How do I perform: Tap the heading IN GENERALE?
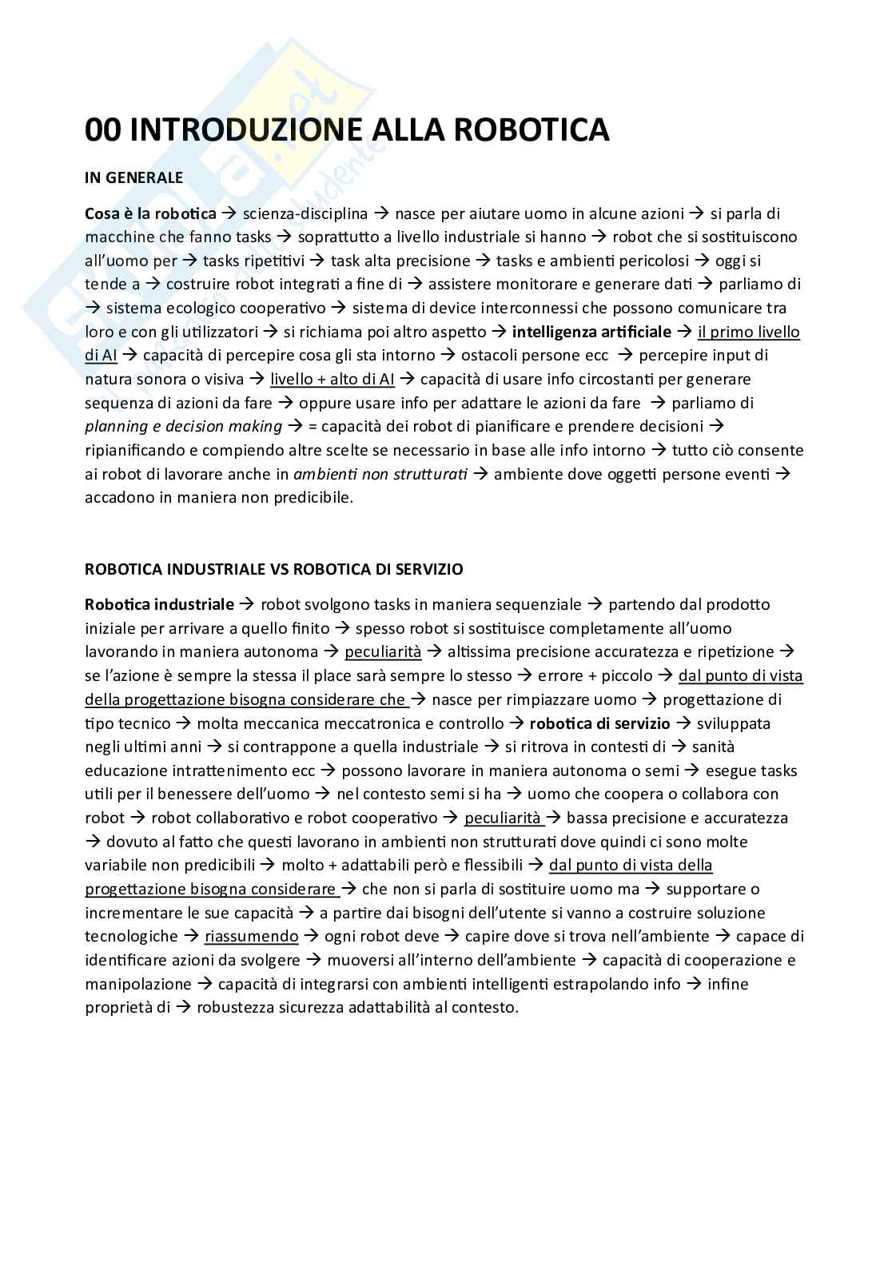pos(133,177)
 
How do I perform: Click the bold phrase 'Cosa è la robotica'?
pos(150,213)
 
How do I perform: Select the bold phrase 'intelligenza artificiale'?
pos(591,332)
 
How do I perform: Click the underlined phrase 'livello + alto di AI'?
pos(331,379)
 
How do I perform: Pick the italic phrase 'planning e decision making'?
pos(183,427)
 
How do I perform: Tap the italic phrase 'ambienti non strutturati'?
pos(380,474)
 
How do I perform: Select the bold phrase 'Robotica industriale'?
pos(159,605)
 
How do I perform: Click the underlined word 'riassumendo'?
pos(251,937)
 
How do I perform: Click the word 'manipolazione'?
pos(138,985)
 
